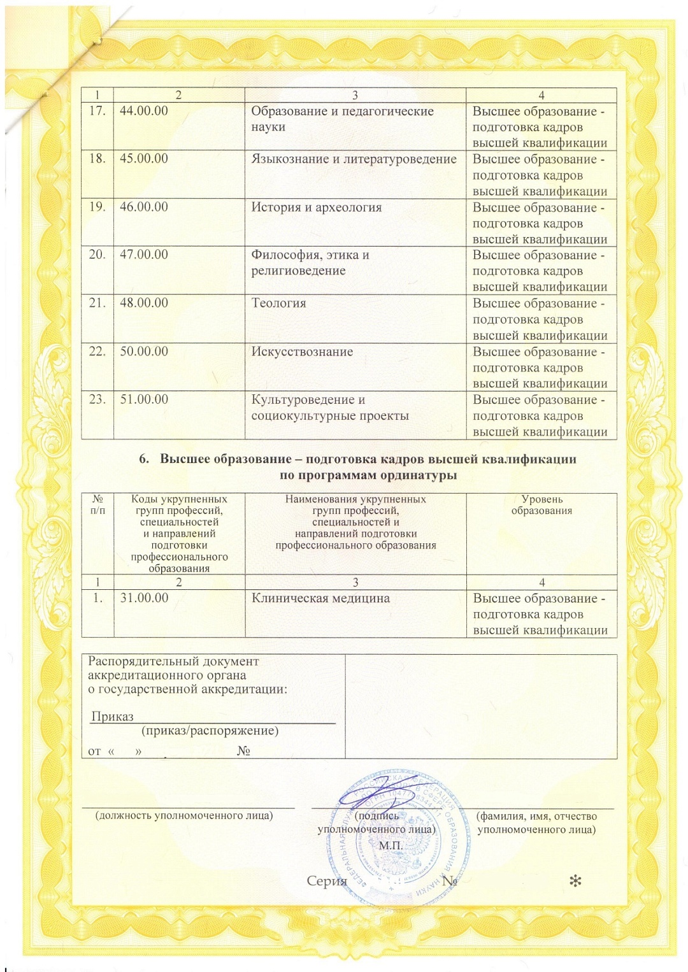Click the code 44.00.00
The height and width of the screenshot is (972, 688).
tap(144, 111)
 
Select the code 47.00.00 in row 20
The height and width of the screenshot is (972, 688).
tap(144, 255)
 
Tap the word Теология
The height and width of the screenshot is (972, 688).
tap(278, 303)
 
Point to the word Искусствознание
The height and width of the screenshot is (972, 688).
tap(302, 352)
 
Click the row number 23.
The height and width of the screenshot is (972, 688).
tap(97, 399)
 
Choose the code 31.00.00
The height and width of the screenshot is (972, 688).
tap(145, 598)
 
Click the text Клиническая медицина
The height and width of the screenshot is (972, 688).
tap(320, 598)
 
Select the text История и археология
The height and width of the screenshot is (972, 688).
tap(316, 207)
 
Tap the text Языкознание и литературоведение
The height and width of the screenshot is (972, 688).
tap(354, 159)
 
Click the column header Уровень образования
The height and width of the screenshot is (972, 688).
tap(541, 504)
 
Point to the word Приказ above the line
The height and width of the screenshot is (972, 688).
tap(112, 717)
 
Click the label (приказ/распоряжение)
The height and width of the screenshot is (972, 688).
tap(210, 731)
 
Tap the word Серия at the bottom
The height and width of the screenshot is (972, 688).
tap(327, 881)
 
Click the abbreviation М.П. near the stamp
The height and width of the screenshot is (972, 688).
tap(391, 845)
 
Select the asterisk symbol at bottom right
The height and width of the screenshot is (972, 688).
tap(575, 882)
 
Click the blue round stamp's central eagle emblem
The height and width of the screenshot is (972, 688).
tap(396, 860)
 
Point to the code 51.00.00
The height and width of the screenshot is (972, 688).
tap(144, 399)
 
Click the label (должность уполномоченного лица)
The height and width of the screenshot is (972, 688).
tap(183, 816)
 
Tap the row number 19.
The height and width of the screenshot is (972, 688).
tap(97, 207)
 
